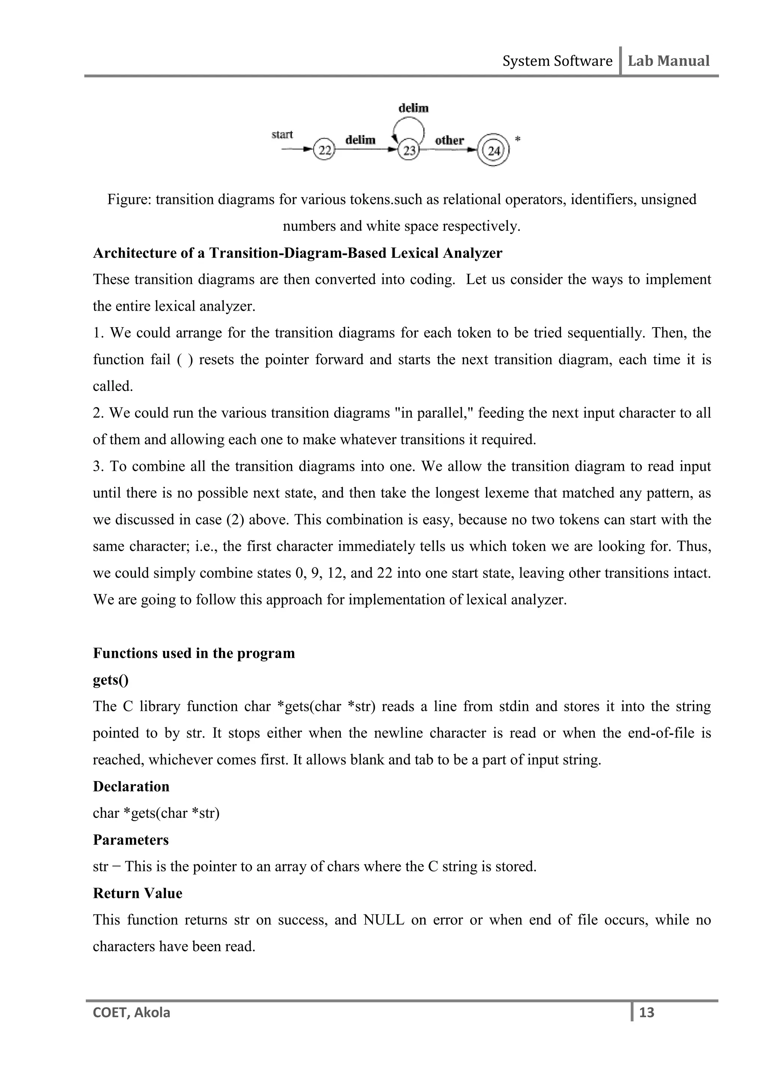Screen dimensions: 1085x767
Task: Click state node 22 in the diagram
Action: click(324, 150)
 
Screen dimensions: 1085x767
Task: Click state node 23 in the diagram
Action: click(409, 151)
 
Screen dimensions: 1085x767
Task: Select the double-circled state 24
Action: click(494, 151)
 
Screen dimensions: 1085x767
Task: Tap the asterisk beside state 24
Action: click(518, 139)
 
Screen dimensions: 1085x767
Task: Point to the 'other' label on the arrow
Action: click(449, 140)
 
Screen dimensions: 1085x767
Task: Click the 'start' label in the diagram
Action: click(282, 135)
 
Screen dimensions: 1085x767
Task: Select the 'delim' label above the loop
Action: click(413, 108)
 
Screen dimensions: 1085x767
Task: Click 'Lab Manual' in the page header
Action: click(668, 61)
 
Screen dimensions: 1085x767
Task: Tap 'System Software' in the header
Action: click(557, 61)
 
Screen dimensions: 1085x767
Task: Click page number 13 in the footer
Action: click(646, 1012)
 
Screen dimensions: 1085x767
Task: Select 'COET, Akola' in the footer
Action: click(132, 1013)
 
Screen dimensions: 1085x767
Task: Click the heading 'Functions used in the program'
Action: click(194, 653)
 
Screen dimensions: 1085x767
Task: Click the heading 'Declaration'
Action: click(131, 786)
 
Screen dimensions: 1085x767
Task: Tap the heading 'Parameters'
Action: click(131, 840)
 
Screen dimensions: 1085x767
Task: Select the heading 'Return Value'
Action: click(137, 893)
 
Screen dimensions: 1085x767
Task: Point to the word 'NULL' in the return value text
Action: click(383, 920)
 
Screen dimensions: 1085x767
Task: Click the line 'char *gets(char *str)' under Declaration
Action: click(156, 813)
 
